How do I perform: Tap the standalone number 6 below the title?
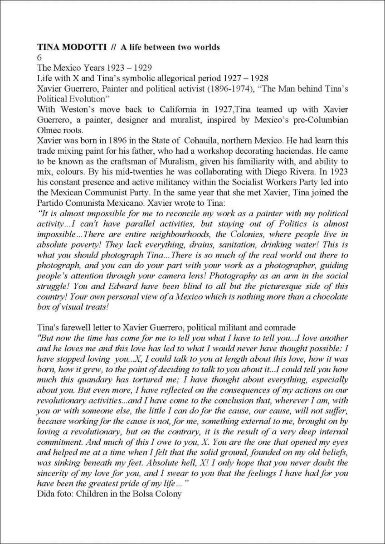pos(39,58)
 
